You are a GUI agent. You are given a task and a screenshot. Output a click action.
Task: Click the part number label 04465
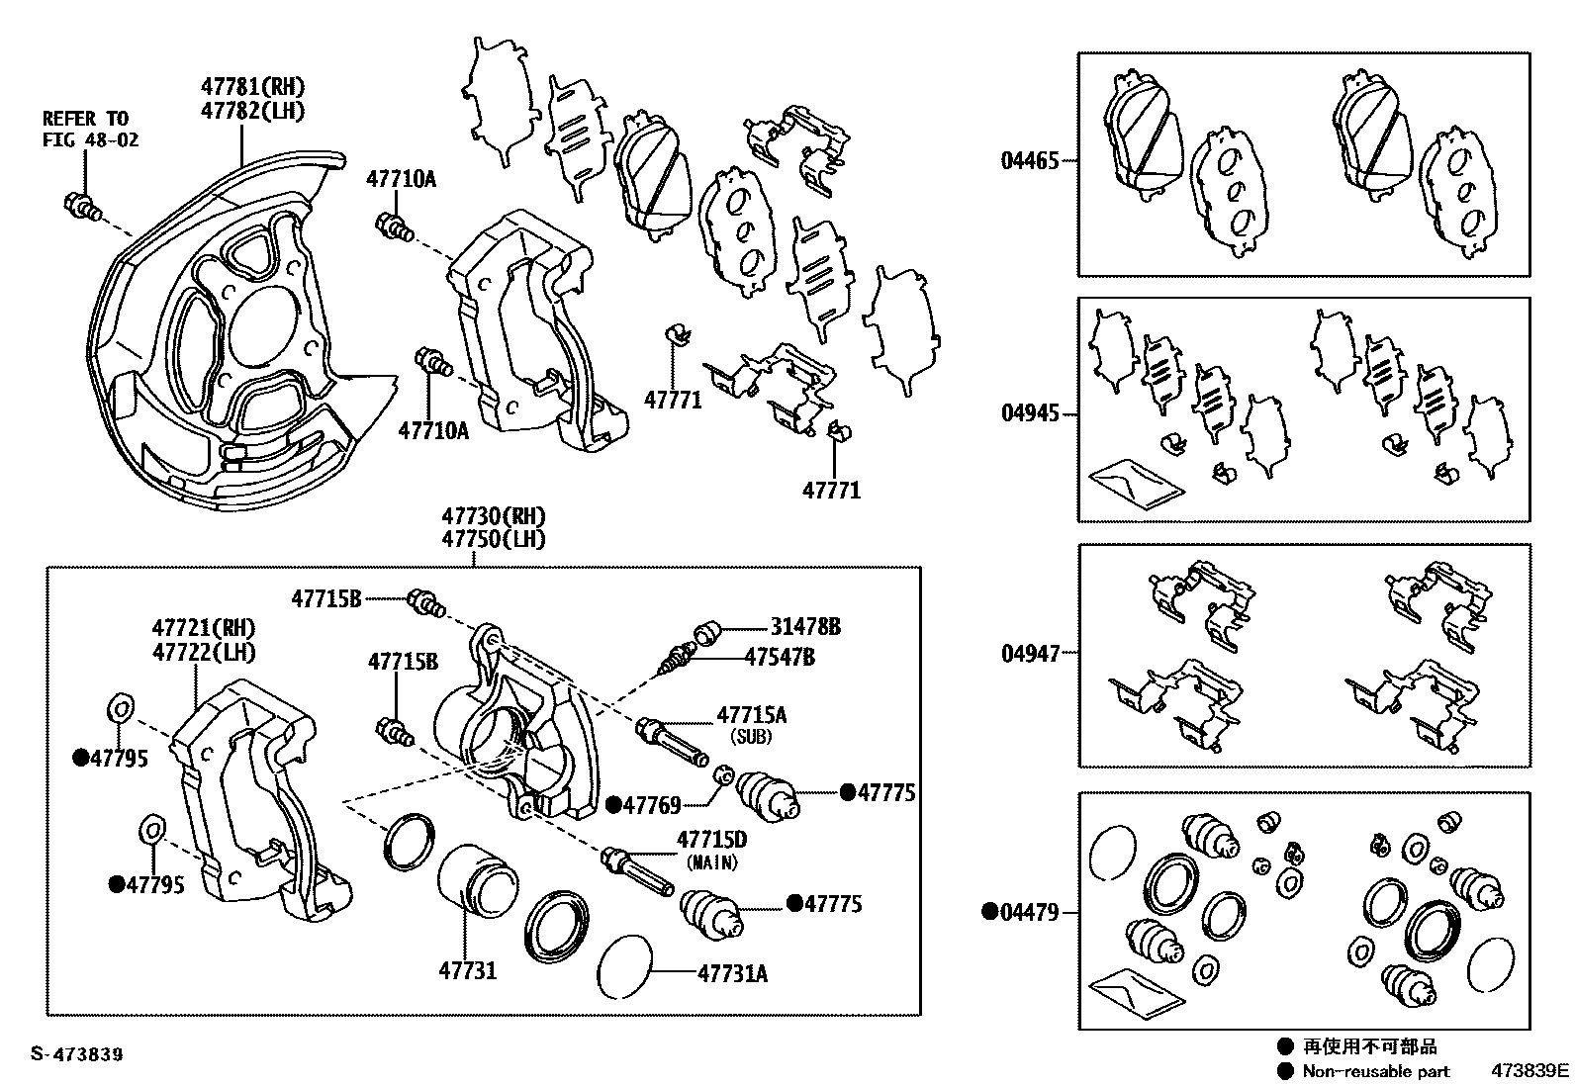click(x=1029, y=160)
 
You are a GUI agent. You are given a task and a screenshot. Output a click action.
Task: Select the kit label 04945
click(x=1029, y=413)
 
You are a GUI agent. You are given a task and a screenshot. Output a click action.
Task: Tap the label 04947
click(x=1029, y=654)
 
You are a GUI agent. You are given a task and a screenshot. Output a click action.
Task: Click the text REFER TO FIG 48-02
click(x=90, y=130)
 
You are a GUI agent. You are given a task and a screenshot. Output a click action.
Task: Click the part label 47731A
click(x=732, y=973)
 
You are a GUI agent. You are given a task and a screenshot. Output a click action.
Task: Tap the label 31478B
click(x=806, y=627)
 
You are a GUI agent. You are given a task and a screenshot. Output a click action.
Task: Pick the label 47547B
click(x=780, y=657)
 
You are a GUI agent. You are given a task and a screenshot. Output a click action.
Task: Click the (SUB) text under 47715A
click(x=751, y=737)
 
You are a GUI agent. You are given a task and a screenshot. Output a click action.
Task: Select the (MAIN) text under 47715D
click(x=711, y=862)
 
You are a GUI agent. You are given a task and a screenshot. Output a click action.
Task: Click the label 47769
click(x=651, y=806)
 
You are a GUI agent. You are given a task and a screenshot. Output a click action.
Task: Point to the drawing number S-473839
click(x=76, y=1054)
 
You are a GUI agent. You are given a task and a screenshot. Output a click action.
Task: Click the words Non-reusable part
click(x=1375, y=1071)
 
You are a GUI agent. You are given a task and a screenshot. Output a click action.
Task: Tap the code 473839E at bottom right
click(x=1530, y=1071)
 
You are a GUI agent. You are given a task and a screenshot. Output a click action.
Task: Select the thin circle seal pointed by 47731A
click(x=625, y=966)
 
